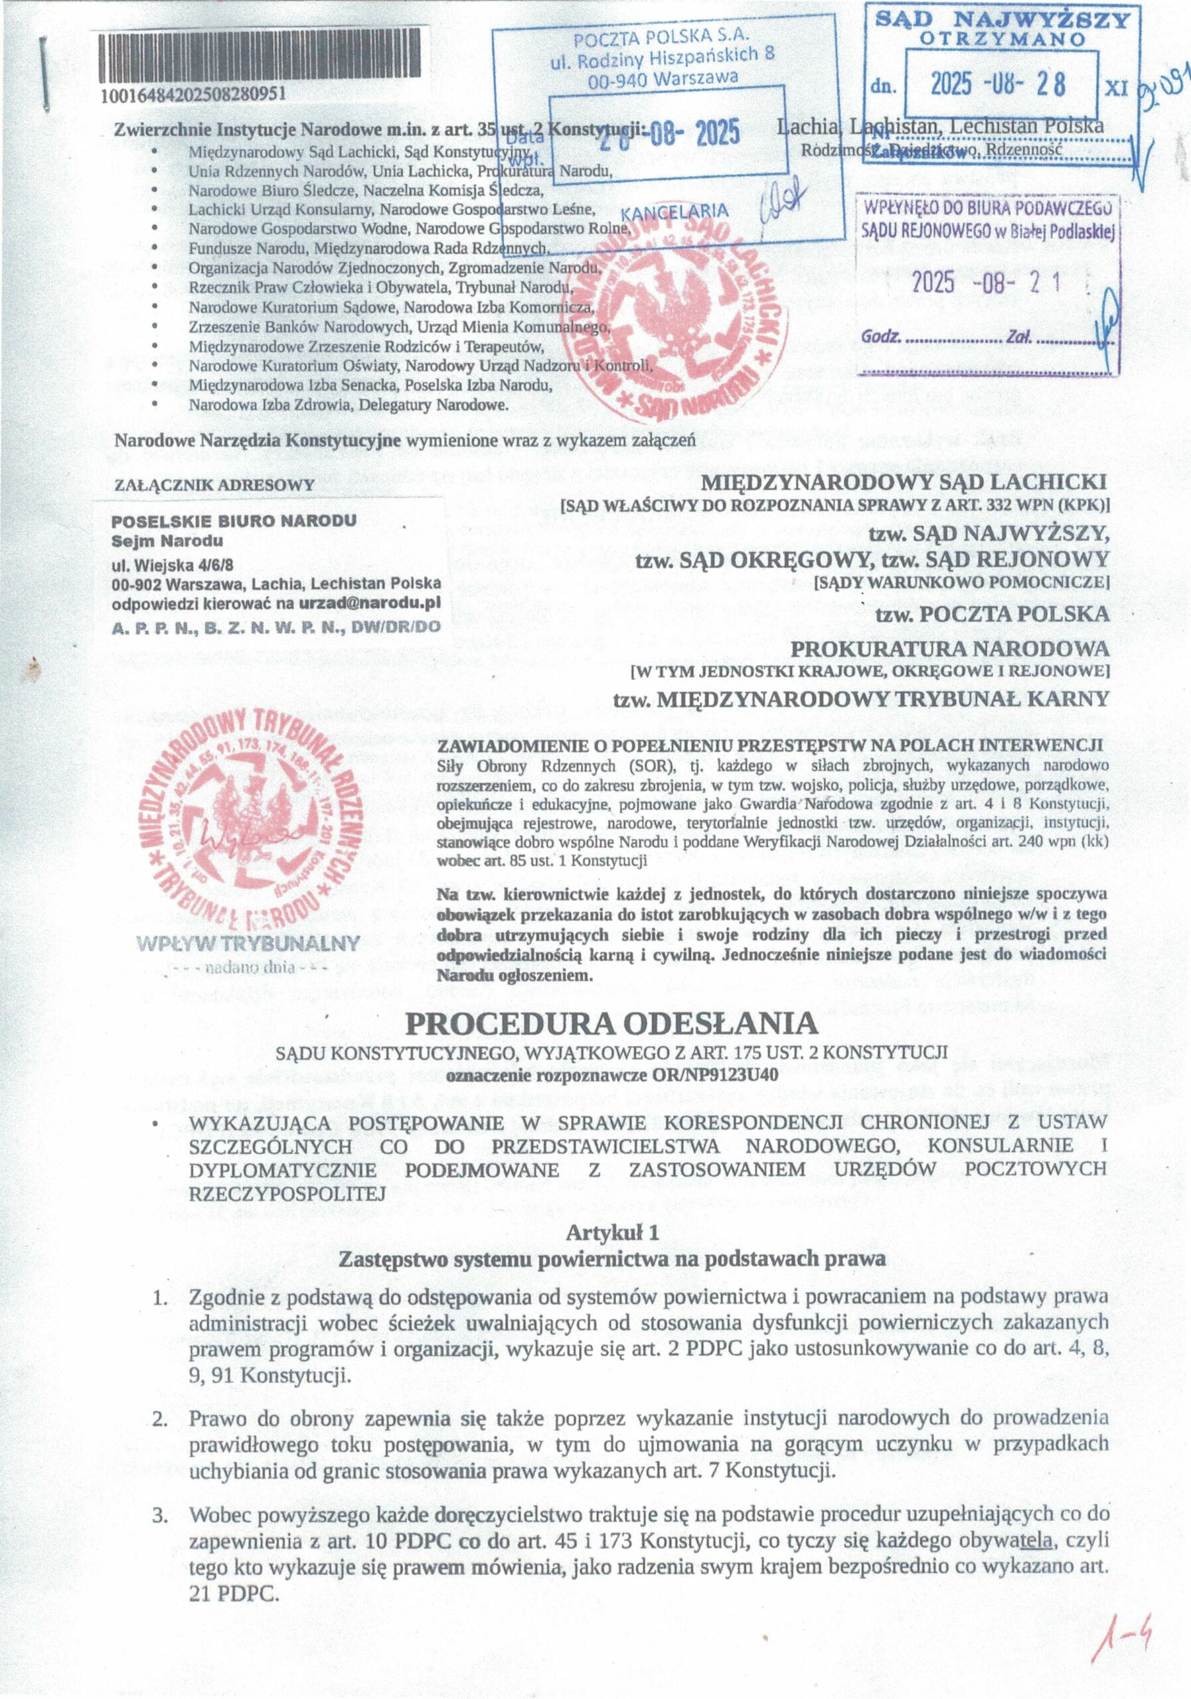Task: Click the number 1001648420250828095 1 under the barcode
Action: [x=193, y=96]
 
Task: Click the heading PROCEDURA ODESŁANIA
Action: [x=611, y=1023]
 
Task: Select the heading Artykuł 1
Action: [x=611, y=1234]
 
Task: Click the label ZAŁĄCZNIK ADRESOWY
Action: [x=214, y=484]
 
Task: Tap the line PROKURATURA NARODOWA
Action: [x=951, y=648]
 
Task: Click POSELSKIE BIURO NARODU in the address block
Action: [x=234, y=521]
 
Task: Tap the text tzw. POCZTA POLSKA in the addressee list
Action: [x=992, y=613]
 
